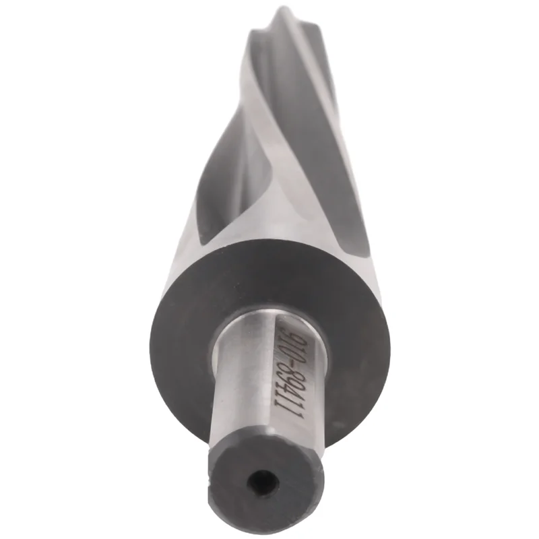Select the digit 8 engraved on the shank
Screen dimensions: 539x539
click(x=290, y=378)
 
